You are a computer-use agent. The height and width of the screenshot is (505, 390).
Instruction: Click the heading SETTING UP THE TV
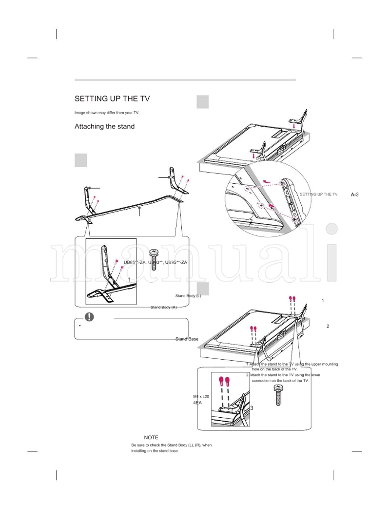tap(112, 99)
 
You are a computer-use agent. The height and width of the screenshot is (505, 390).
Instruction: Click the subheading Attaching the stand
tap(104, 127)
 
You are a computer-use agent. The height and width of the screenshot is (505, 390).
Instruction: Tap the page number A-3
tap(354, 194)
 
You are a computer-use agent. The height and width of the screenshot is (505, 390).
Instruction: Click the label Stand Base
tap(187, 338)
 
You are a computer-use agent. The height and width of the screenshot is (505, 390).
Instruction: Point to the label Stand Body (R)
tap(163, 307)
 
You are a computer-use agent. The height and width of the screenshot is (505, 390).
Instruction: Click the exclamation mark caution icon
tap(89, 316)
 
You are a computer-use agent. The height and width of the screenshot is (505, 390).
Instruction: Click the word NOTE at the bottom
tap(151, 438)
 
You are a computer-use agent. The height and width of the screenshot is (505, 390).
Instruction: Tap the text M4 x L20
tap(201, 397)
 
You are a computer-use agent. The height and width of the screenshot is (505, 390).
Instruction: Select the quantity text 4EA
tap(197, 404)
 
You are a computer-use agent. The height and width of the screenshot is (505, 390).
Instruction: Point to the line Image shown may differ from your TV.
tap(107, 113)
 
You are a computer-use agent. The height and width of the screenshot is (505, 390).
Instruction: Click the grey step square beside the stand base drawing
tap(81, 160)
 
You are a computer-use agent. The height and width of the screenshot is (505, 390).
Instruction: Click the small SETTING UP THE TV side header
tap(318, 194)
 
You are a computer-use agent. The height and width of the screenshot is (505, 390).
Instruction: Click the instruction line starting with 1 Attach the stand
tap(292, 364)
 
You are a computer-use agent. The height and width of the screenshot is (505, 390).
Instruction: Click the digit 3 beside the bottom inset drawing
tap(252, 408)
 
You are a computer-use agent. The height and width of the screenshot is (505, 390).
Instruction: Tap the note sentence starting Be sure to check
tap(171, 445)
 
